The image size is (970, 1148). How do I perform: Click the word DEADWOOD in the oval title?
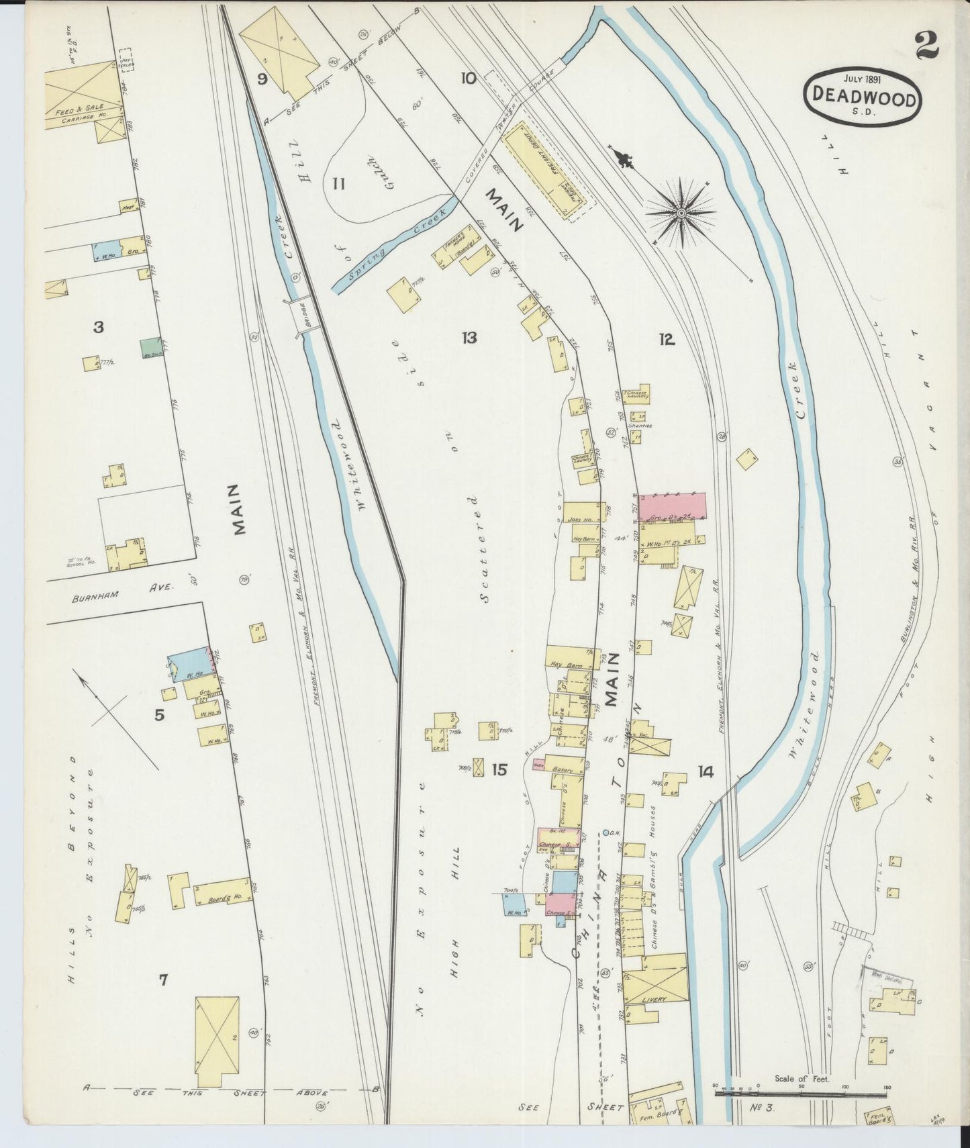pos(863,98)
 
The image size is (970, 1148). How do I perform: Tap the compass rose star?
pos(681,213)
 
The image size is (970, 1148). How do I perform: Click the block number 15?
pos(499,770)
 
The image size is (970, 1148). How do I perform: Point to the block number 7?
pos(163,980)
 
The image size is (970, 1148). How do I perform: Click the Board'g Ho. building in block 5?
pos(223,892)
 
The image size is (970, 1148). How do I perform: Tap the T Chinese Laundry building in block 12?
pos(638,395)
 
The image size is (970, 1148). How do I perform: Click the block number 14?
pos(705,772)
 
